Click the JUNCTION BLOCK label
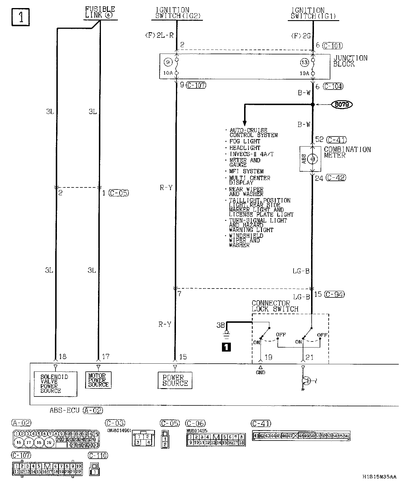coord(350,61)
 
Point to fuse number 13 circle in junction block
coord(304,62)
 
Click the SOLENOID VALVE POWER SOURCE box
coord(55,384)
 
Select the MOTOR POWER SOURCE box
coord(98,380)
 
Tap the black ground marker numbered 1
coord(226,347)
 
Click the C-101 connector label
coord(333,45)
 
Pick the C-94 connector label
coord(334,294)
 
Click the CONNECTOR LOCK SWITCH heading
coord(275,306)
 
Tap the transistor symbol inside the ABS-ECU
coord(306,381)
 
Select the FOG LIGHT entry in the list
coord(245,141)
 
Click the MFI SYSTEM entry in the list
coord(246,171)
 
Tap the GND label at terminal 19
coord(260,372)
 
